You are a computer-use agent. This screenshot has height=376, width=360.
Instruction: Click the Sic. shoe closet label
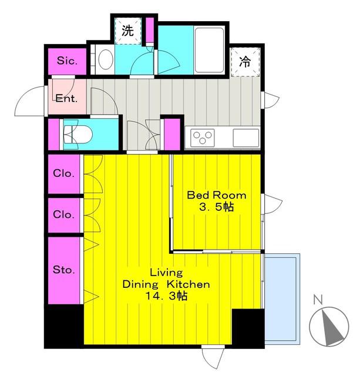[x=68, y=61]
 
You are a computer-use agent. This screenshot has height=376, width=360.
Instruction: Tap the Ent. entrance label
[x=66, y=98]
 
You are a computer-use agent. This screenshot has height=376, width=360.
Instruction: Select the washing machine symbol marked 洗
[x=128, y=31]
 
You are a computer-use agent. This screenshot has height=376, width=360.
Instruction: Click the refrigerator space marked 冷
[x=245, y=62]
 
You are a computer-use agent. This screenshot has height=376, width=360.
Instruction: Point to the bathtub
[x=209, y=51]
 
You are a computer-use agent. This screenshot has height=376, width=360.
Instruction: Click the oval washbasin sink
[x=106, y=60]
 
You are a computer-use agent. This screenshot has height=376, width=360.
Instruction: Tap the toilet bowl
[x=78, y=135]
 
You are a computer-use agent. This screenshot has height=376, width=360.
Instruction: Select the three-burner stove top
[x=203, y=137]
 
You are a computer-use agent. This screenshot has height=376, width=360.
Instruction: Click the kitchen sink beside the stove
[x=246, y=137]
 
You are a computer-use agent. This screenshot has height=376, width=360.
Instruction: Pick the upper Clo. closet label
[x=63, y=173]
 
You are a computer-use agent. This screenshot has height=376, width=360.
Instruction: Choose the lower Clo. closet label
[x=63, y=214]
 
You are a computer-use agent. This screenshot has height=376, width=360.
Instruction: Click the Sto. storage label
[x=64, y=270]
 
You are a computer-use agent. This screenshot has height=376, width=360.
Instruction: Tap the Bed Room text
[x=217, y=195]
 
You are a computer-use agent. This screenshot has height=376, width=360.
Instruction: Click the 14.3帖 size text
[x=167, y=296]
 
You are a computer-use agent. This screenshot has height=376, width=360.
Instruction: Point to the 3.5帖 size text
[x=217, y=207]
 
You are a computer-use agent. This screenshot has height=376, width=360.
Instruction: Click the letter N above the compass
[x=318, y=300]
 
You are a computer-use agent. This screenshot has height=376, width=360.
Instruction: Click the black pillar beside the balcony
[x=248, y=328]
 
